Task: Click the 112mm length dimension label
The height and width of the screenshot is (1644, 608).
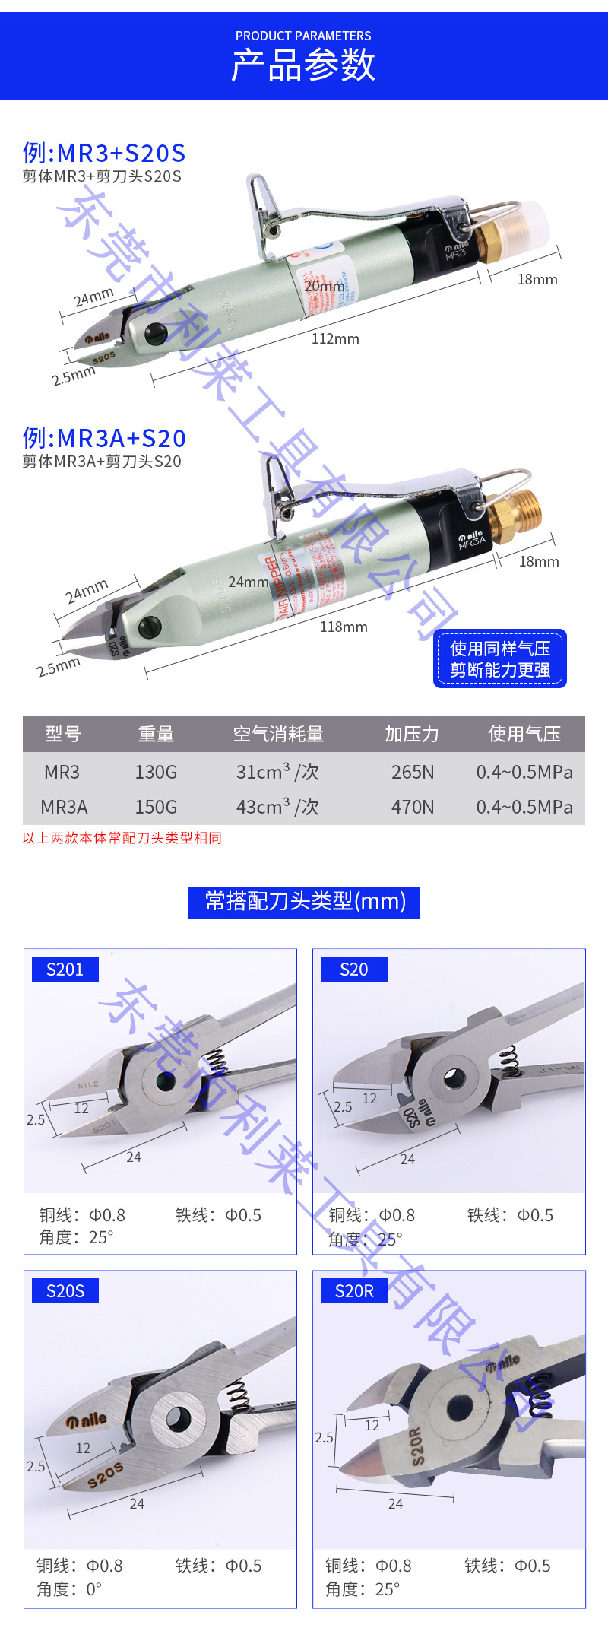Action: (335, 338)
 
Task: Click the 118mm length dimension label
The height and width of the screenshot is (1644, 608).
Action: (344, 627)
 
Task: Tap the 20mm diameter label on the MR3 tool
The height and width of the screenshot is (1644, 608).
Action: (324, 286)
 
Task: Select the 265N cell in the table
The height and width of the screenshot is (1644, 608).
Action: (413, 772)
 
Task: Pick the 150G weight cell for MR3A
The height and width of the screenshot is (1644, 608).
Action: (156, 807)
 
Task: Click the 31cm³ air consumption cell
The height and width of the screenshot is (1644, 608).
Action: (277, 772)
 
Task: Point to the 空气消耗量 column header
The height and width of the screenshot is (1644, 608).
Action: (278, 734)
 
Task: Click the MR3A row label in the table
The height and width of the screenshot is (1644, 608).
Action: (64, 807)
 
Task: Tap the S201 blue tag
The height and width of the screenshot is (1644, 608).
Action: (65, 970)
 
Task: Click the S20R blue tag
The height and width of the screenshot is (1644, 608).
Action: (354, 1291)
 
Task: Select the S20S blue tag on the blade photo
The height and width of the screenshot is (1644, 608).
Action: (65, 1291)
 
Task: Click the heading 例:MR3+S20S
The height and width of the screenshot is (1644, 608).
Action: (104, 153)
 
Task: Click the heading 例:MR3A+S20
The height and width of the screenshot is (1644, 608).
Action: (104, 438)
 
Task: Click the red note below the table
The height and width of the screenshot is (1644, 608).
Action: (122, 838)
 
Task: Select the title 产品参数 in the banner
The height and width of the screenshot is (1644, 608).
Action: (303, 65)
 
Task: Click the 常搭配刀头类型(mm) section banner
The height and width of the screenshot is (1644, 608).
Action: (304, 902)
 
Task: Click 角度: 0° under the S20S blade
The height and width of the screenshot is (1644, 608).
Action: (69, 1589)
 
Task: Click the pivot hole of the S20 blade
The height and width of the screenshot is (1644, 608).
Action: (454, 1077)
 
